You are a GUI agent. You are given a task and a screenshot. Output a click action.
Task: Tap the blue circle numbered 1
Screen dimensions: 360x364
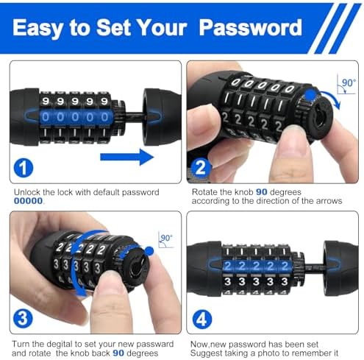[x=24, y=167]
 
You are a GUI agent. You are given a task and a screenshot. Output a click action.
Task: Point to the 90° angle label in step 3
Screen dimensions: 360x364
[x=166, y=239]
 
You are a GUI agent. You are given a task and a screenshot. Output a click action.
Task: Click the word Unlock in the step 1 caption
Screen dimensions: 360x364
[x=29, y=192]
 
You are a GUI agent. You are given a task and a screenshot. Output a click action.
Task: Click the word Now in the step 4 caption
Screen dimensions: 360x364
[x=197, y=344]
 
